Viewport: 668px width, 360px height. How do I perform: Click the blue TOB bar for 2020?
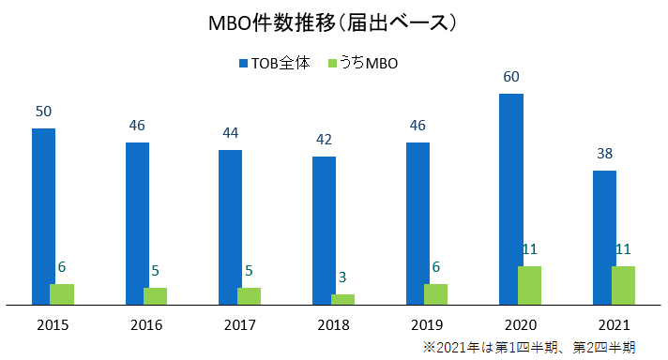[511, 199]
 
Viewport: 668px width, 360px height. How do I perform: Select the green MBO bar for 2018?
[343, 299]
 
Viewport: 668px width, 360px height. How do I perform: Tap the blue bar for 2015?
[44, 216]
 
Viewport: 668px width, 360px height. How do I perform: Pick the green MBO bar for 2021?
[623, 285]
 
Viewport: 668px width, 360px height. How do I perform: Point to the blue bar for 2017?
[231, 227]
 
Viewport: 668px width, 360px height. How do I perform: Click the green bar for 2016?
[156, 295]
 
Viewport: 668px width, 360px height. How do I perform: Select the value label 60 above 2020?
[511, 77]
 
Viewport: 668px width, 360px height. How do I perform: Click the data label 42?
[324, 140]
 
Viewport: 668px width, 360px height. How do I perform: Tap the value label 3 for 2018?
[343, 277]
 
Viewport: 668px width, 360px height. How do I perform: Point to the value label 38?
[604, 154]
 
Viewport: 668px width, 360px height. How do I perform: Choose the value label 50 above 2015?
[44, 112]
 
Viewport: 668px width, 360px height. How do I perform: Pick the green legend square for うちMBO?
[332, 64]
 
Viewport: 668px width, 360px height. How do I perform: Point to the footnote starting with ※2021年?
[529, 347]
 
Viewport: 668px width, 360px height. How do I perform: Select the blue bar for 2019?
[417, 223]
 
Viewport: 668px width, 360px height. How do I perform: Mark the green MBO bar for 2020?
[530, 285]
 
